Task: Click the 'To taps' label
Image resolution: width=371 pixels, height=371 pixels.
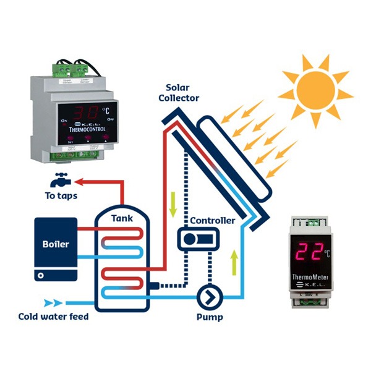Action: point(60,196)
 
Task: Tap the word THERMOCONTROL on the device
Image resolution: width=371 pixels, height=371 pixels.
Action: point(91,130)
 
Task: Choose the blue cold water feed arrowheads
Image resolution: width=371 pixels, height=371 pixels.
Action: point(55,304)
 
